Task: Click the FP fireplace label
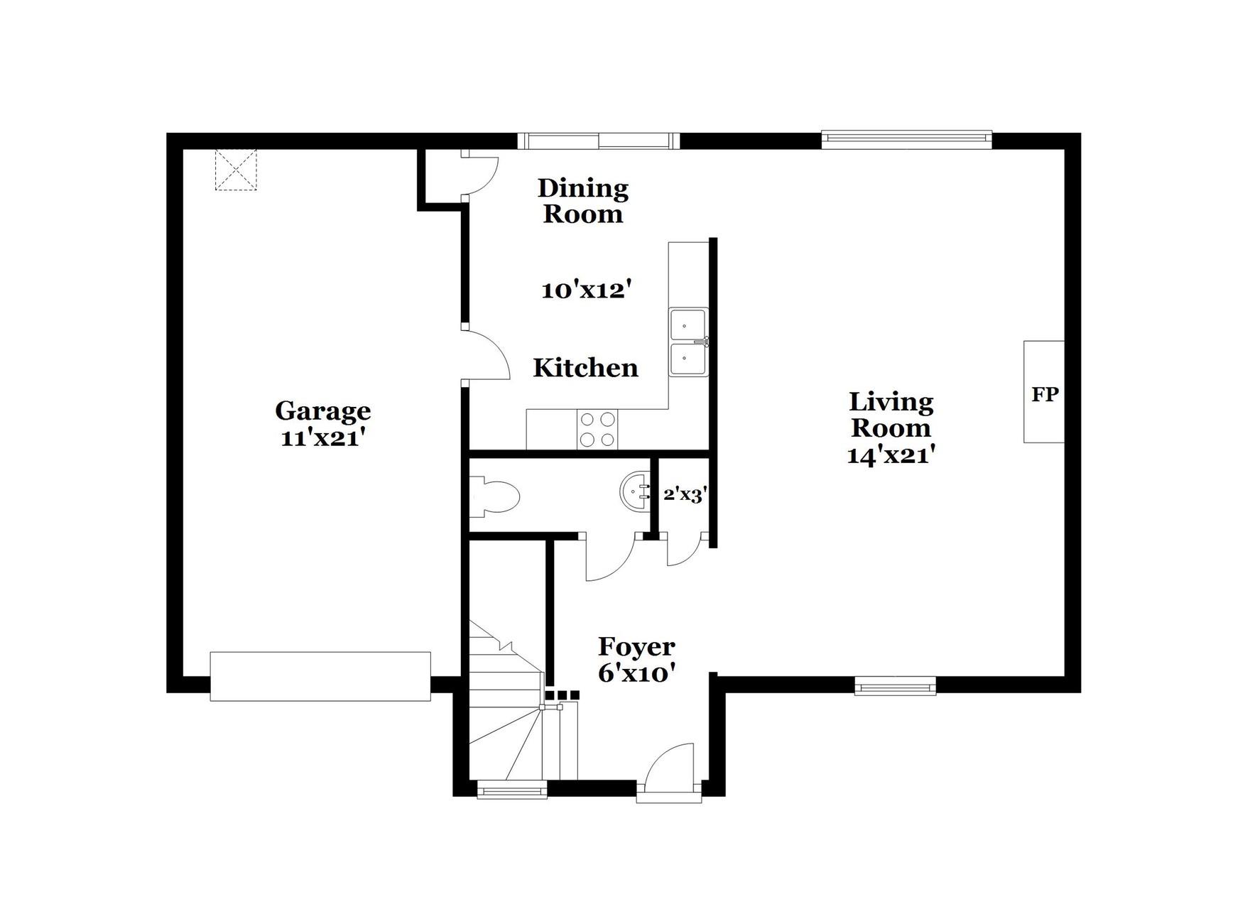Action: click(1044, 394)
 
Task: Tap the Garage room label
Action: click(322, 410)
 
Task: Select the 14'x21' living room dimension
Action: click(890, 454)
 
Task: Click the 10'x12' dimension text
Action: click(586, 290)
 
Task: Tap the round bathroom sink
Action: click(635, 491)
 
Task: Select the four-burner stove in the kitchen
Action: click(597, 430)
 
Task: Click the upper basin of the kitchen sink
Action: click(687, 326)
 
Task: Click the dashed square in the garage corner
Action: click(235, 169)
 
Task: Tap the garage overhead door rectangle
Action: click(320, 676)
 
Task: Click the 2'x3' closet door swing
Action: click(683, 551)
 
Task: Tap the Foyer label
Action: click(636, 647)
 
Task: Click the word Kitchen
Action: click(585, 368)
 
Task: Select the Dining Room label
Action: click(582, 201)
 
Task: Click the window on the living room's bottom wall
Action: click(894, 686)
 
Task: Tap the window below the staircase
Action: click(511, 789)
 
